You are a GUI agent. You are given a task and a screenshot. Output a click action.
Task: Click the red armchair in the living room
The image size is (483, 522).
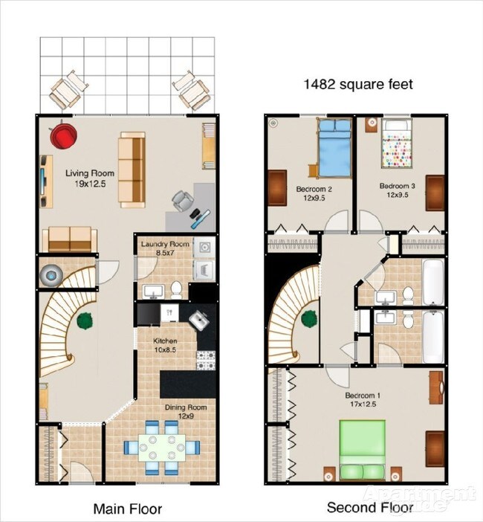(64, 136)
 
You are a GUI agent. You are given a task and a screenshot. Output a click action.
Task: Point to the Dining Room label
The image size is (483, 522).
(185, 411)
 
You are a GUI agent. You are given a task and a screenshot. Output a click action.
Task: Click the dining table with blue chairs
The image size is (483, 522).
(162, 448)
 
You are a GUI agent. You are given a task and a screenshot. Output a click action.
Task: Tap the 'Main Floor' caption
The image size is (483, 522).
(127, 509)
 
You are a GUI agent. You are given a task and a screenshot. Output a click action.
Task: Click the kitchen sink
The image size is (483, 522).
(198, 320)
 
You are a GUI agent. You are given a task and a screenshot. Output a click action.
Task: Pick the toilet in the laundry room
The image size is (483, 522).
(177, 289)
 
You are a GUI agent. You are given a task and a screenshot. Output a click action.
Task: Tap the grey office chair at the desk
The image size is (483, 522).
(181, 200)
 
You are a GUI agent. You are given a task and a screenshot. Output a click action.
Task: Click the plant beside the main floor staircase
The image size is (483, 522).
(84, 322)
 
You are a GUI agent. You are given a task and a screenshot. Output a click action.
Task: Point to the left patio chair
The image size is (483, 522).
(68, 90)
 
